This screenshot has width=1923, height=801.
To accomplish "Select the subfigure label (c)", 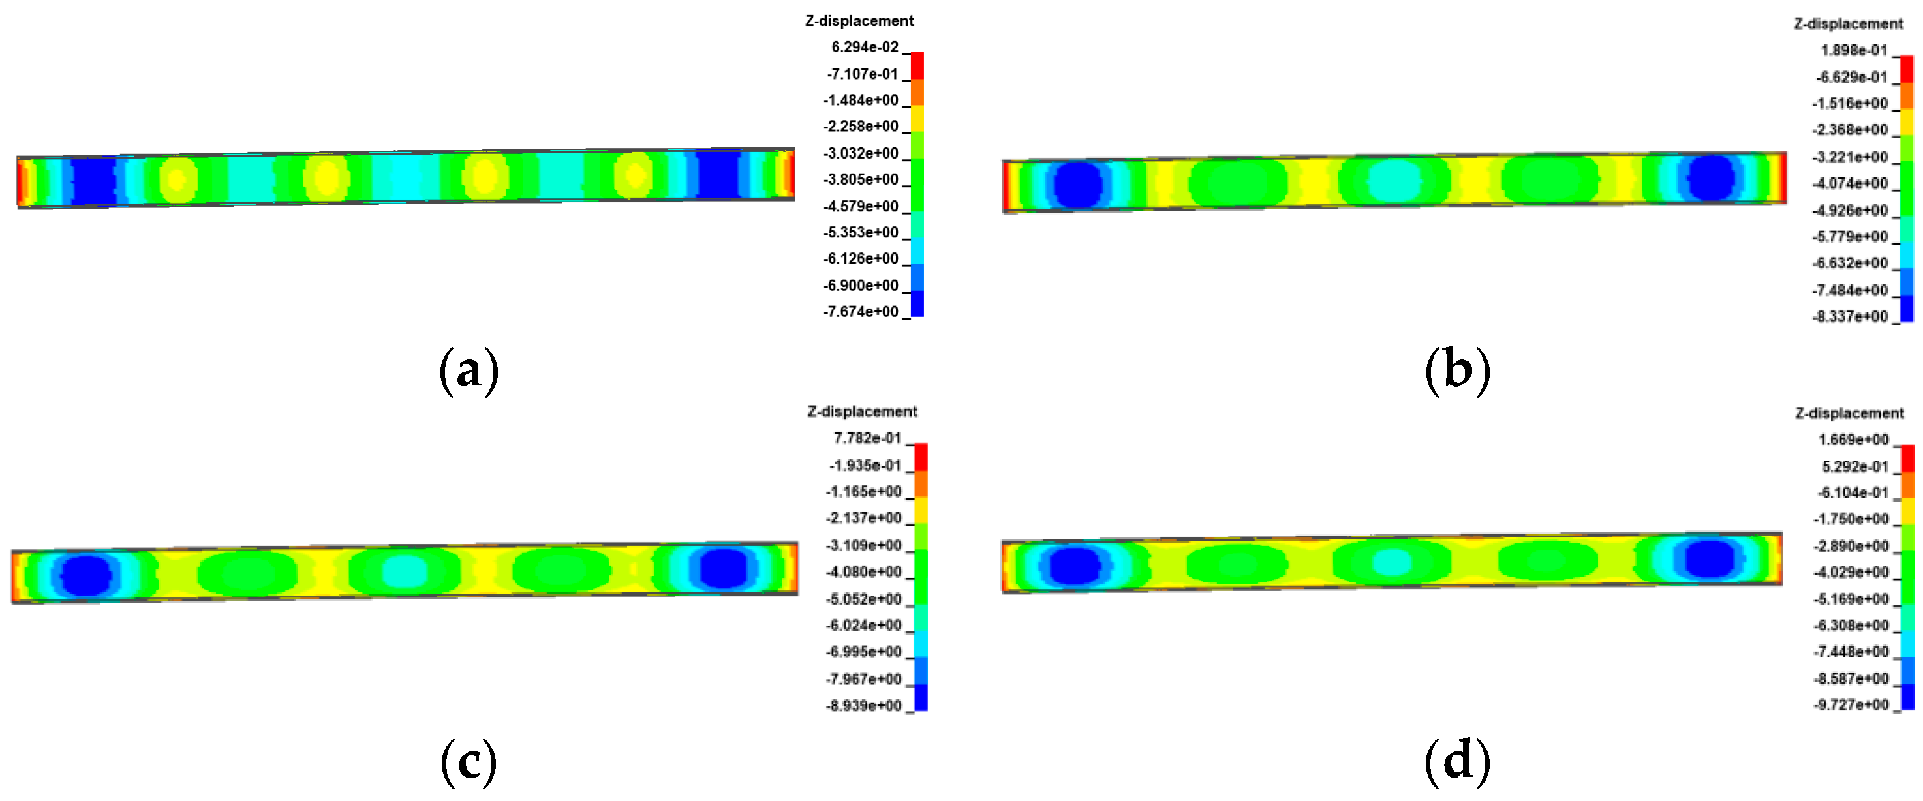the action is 469,762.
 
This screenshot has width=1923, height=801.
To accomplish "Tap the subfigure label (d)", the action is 1457,762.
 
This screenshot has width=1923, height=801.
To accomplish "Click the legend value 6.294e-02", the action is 865,47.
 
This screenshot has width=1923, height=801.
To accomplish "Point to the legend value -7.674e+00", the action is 861,311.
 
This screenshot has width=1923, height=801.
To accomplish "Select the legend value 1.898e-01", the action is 1854,50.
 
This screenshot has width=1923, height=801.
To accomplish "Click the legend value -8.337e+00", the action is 1850,316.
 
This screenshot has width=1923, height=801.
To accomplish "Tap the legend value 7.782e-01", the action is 867,438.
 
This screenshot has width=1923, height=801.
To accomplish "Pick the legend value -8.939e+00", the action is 864,706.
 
